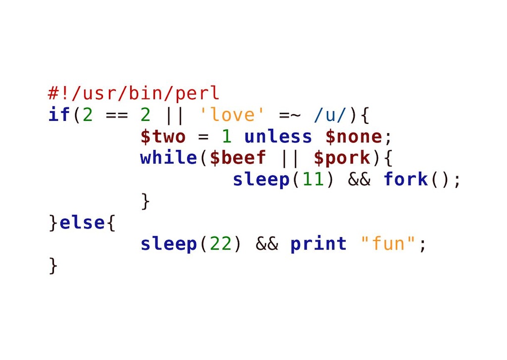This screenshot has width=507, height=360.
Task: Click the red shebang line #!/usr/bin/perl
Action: (x=134, y=94)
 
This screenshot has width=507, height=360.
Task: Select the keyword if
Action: (x=59, y=114)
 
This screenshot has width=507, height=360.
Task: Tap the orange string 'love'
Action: (x=232, y=114)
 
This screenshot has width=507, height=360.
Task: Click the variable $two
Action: (x=163, y=137)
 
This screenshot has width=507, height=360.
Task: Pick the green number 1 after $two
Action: (x=227, y=136)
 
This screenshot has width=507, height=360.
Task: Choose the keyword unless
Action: (x=278, y=136)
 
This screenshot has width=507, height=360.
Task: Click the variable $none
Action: (x=354, y=137)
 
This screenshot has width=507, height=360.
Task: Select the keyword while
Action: (x=168, y=157)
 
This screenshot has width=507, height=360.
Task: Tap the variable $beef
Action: (x=238, y=158)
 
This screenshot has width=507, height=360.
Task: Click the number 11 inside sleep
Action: (x=313, y=179)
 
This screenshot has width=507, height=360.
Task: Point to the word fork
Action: (x=406, y=179)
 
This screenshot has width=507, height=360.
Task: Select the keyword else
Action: (x=82, y=222)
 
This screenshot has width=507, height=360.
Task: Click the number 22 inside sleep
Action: (x=221, y=244)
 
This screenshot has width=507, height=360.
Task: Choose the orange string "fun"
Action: (x=388, y=243)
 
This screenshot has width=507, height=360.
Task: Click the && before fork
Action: (x=359, y=179)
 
